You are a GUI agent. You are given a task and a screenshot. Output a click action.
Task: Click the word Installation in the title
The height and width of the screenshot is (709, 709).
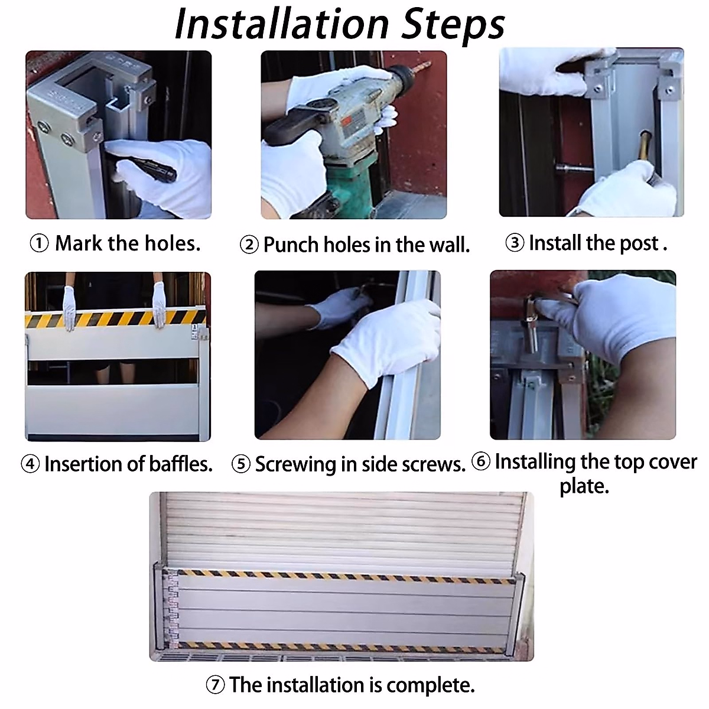click(x=281, y=24)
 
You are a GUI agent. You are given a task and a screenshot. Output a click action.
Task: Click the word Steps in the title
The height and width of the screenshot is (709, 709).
click(x=453, y=26)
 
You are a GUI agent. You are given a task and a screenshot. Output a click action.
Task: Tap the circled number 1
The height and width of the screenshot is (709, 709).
click(x=39, y=243)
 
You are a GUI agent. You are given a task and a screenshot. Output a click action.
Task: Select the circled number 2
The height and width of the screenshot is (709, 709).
click(x=249, y=245)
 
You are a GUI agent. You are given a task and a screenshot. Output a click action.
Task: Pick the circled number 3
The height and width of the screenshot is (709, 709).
click(x=515, y=243)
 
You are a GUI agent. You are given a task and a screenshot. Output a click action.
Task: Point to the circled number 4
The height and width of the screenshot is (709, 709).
click(x=30, y=464)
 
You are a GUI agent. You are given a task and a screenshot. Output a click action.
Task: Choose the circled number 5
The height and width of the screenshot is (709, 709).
click(x=241, y=464)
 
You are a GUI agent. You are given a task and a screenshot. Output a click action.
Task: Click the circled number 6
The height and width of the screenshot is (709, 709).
click(x=481, y=461)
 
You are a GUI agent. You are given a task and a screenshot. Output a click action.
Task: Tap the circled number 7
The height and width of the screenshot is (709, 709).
click(x=215, y=685)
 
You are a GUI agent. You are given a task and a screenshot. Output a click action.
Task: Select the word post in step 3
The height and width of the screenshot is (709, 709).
click(x=639, y=244)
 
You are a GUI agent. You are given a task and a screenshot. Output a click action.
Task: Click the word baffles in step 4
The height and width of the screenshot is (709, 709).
click(x=181, y=464)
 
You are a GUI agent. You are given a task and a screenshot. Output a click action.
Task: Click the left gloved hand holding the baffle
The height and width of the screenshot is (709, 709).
click(x=69, y=308)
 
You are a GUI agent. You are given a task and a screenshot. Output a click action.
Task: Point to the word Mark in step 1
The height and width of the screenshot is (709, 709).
click(x=79, y=243)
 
